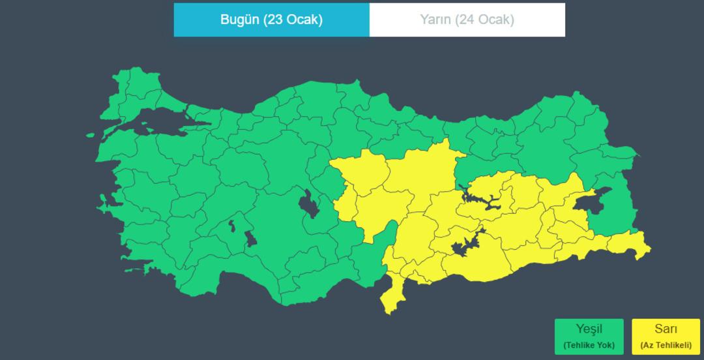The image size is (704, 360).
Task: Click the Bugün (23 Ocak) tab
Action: [x=271, y=20]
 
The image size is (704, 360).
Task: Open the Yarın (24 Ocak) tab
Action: [x=467, y=20]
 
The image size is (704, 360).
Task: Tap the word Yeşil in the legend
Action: [x=589, y=329]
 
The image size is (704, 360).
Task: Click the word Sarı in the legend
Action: [x=666, y=329]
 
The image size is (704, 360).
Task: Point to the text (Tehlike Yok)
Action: [x=589, y=345]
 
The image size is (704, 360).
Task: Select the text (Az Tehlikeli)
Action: [x=666, y=345]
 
